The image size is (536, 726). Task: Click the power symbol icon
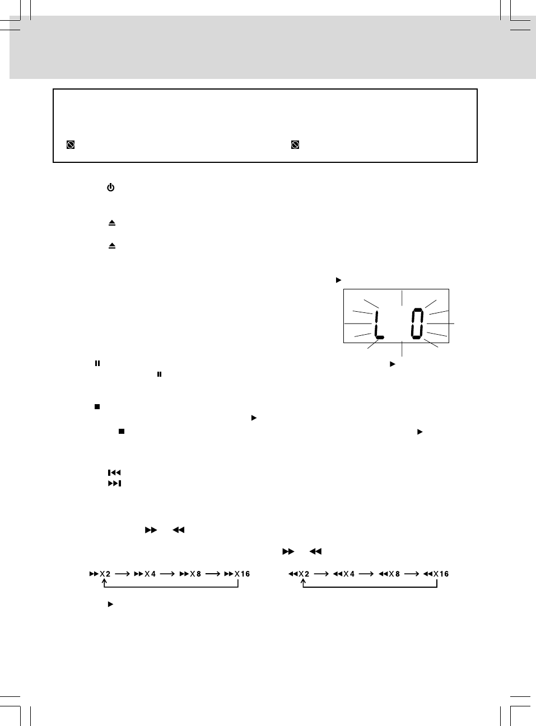pyautogui.click(x=111, y=188)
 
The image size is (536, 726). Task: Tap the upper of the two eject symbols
pyautogui.click(x=112, y=223)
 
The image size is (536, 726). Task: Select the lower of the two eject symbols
pyautogui.click(x=112, y=246)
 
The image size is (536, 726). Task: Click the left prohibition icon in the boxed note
pyautogui.click(x=71, y=145)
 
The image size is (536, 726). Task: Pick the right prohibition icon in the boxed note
pyautogui.click(x=295, y=145)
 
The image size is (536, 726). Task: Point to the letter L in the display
pyautogui.click(x=379, y=325)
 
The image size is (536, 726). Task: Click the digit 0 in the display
pyautogui.click(x=417, y=325)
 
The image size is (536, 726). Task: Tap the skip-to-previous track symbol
pyautogui.click(x=114, y=473)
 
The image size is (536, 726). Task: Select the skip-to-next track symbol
pyautogui.click(x=114, y=483)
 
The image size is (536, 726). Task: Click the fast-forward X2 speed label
pyautogui.click(x=100, y=574)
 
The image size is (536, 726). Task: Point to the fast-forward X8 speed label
pyautogui.click(x=190, y=574)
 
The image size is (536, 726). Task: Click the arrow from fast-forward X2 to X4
pyautogui.click(x=123, y=574)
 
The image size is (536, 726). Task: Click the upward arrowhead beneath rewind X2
pyautogui.click(x=303, y=583)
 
